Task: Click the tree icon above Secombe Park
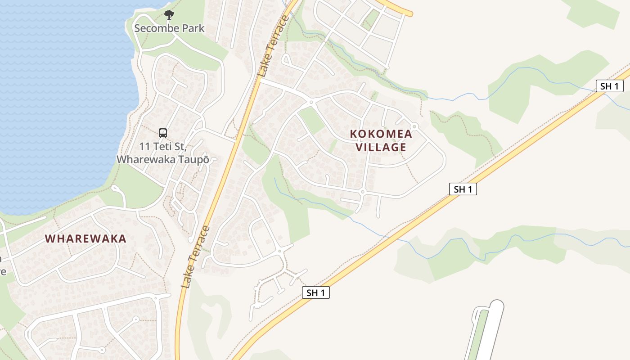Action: pos(169,15)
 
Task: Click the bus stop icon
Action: pos(163,133)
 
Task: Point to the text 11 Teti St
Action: pos(163,147)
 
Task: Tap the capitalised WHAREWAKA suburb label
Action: pos(85,238)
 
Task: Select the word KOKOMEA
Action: pos(381,134)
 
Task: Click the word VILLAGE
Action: pos(381,147)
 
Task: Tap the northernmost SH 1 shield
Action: pos(609,86)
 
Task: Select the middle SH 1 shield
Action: pos(463,189)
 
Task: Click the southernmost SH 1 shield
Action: pos(315,292)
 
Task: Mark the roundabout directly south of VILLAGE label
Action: pos(362,192)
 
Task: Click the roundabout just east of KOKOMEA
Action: pos(414,126)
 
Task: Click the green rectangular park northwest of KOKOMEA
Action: pos(311,119)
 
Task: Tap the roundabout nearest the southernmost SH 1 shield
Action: pos(280,251)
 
